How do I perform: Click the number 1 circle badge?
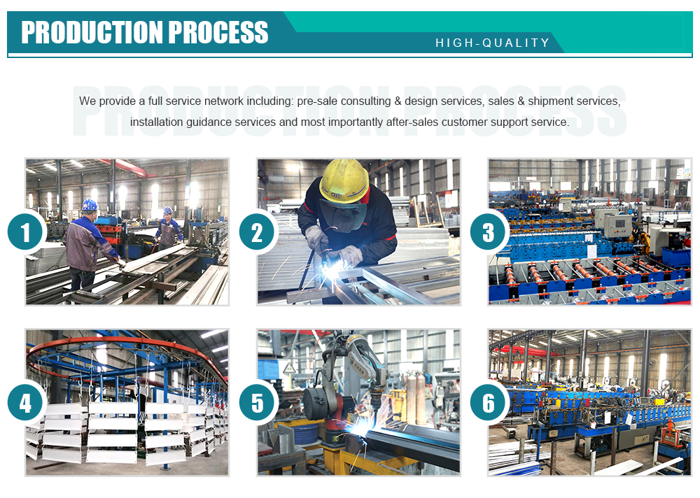pos(25,232)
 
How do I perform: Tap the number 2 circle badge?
pos(257,232)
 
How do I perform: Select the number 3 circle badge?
pos(488,232)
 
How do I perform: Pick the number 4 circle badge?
pos(25,403)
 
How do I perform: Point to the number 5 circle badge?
pos(257,403)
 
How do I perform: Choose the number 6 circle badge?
pos(488,403)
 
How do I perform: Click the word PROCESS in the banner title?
pos(218,32)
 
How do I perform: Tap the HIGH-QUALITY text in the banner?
pos(492,43)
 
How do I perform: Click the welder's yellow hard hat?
pos(344,180)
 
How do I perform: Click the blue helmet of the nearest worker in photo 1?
pos(90,205)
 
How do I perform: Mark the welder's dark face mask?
pos(343,215)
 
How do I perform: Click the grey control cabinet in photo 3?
pos(617,225)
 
